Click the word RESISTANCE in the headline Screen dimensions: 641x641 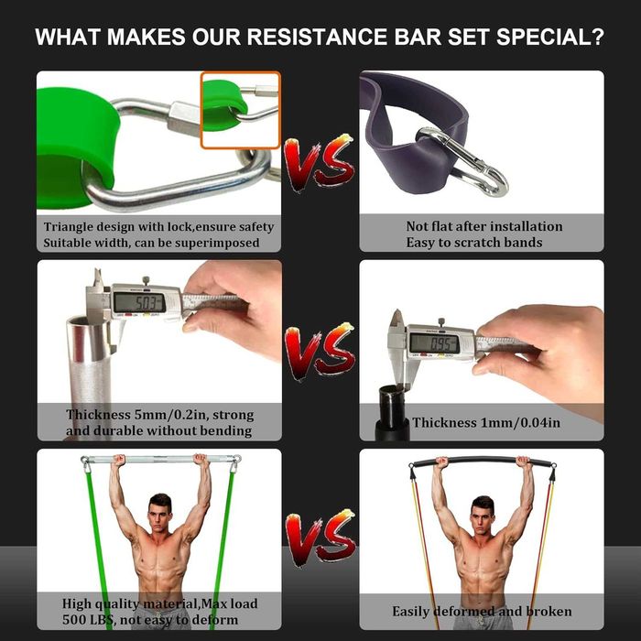click(x=317, y=37)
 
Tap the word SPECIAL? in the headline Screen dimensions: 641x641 click(x=549, y=37)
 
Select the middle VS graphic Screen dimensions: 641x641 click(x=320, y=352)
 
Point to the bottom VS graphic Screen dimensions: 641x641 click(x=320, y=538)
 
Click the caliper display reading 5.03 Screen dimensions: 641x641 click(x=139, y=303)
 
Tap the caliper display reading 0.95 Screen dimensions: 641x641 click(x=434, y=343)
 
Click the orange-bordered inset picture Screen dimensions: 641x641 click(x=240, y=110)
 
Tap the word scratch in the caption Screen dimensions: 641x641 click(x=477, y=243)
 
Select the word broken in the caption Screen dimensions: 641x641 click(x=549, y=612)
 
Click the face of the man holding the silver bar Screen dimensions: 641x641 click(x=160, y=513)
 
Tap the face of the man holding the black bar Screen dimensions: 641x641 click(x=483, y=515)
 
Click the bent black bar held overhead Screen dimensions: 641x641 click(x=483, y=459)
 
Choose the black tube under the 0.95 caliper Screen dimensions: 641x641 click(x=394, y=413)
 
